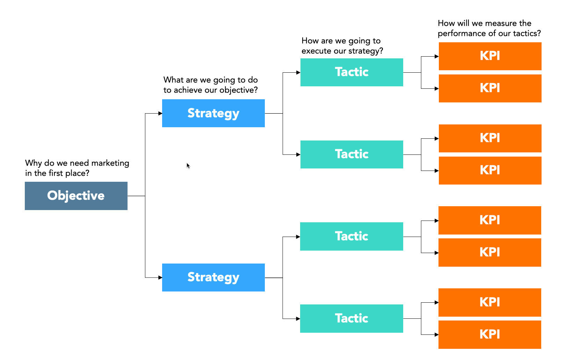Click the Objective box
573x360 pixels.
click(x=76, y=196)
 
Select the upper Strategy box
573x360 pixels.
click(x=213, y=113)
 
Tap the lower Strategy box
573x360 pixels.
click(x=213, y=277)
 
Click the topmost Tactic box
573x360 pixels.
click(x=351, y=72)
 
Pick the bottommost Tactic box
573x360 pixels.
click(x=351, y=318)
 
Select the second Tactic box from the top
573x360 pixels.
click(x=351, y=154)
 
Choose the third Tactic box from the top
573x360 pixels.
click(x=351, y=236)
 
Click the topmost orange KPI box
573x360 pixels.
click(x=490, y=56)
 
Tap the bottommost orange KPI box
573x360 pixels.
click(x=489, y=334)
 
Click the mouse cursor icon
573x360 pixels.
click(x=188, y=165)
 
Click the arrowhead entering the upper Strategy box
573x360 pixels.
click(x=160, y=113)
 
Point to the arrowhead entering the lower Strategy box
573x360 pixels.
click(x=160, y=278)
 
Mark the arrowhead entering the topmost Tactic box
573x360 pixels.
click(x=298, y=72)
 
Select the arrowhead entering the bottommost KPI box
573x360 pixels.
click(x=436, y=334)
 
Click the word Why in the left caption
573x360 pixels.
click(x=33, y=163)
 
